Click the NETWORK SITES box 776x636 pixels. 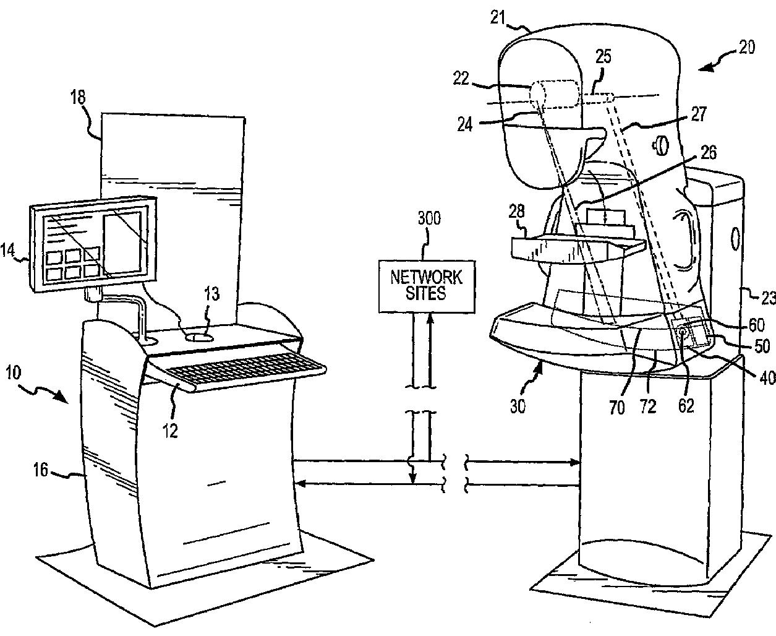click(427, 285)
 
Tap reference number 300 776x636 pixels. click(429, 219)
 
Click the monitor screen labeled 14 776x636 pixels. click(93, 243)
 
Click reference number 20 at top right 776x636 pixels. click(746, 47)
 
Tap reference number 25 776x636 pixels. click(603, 57)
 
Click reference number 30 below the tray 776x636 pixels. click(518, 407)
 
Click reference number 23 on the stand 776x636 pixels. click(767, 298)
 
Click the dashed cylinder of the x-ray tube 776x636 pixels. click(555, 96)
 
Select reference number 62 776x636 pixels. click(686, 405)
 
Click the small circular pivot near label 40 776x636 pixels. click(683, 332)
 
